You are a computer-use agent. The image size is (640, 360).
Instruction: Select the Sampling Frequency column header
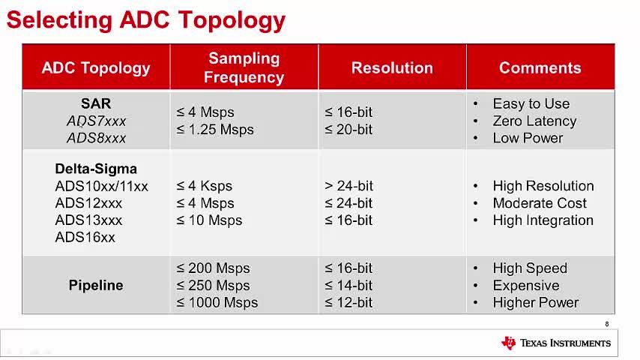click(x=244, y=67)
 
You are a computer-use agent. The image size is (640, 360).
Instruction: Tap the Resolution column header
click(x=392, y=67)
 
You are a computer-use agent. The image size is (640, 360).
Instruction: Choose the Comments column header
click(x=540, y=67)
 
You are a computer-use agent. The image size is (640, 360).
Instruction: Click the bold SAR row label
click(x=96, y=103)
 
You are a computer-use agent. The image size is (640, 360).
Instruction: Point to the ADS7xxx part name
click(x=97, y=121)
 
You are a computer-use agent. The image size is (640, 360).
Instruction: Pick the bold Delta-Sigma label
click(x=96, y=169)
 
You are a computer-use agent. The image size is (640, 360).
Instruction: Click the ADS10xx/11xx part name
click(x=102, y=186)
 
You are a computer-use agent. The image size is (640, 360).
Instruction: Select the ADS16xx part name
click(x=85, y=238)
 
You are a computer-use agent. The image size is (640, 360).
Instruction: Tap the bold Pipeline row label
click(x=96, y=285)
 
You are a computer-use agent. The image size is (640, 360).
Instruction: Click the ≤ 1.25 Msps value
click(x=215, y=130)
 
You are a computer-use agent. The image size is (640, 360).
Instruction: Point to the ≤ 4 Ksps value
click(x=204, y=186)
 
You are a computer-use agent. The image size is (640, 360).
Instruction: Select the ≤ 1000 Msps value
click(x=217, y=303)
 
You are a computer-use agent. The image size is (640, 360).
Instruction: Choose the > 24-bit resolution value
click(x=348, y=186)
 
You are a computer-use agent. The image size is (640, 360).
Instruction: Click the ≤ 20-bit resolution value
click(x=348, y=130)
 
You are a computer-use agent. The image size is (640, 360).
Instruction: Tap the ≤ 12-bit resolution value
click(x=348, y=303)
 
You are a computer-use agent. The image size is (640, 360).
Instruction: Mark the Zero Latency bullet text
click(x=534, y=121)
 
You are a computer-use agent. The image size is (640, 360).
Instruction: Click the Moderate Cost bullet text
click(x=540, y=203)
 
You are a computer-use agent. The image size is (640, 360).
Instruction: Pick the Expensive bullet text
click(x=526, y=286)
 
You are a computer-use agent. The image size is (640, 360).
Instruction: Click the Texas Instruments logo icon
click(x=509, y=343)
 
